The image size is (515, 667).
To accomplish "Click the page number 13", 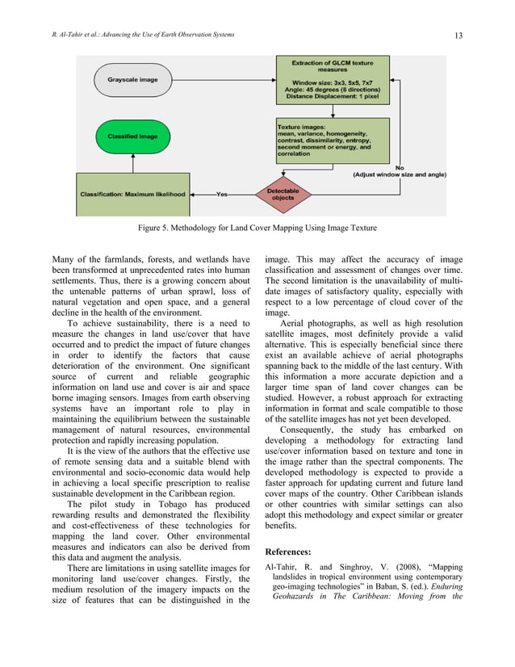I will coord(458,35).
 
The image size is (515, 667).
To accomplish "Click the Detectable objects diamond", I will coord(283,194).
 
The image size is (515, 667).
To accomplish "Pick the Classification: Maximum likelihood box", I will coord(133,194).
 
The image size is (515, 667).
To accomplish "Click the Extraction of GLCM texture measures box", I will coord(332,78).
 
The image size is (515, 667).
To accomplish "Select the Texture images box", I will coord(332,141).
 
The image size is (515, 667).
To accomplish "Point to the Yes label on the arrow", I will coord(222,194).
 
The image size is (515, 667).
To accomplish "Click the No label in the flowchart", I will coord(400,167).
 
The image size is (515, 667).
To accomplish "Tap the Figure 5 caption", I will coord(257,229).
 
